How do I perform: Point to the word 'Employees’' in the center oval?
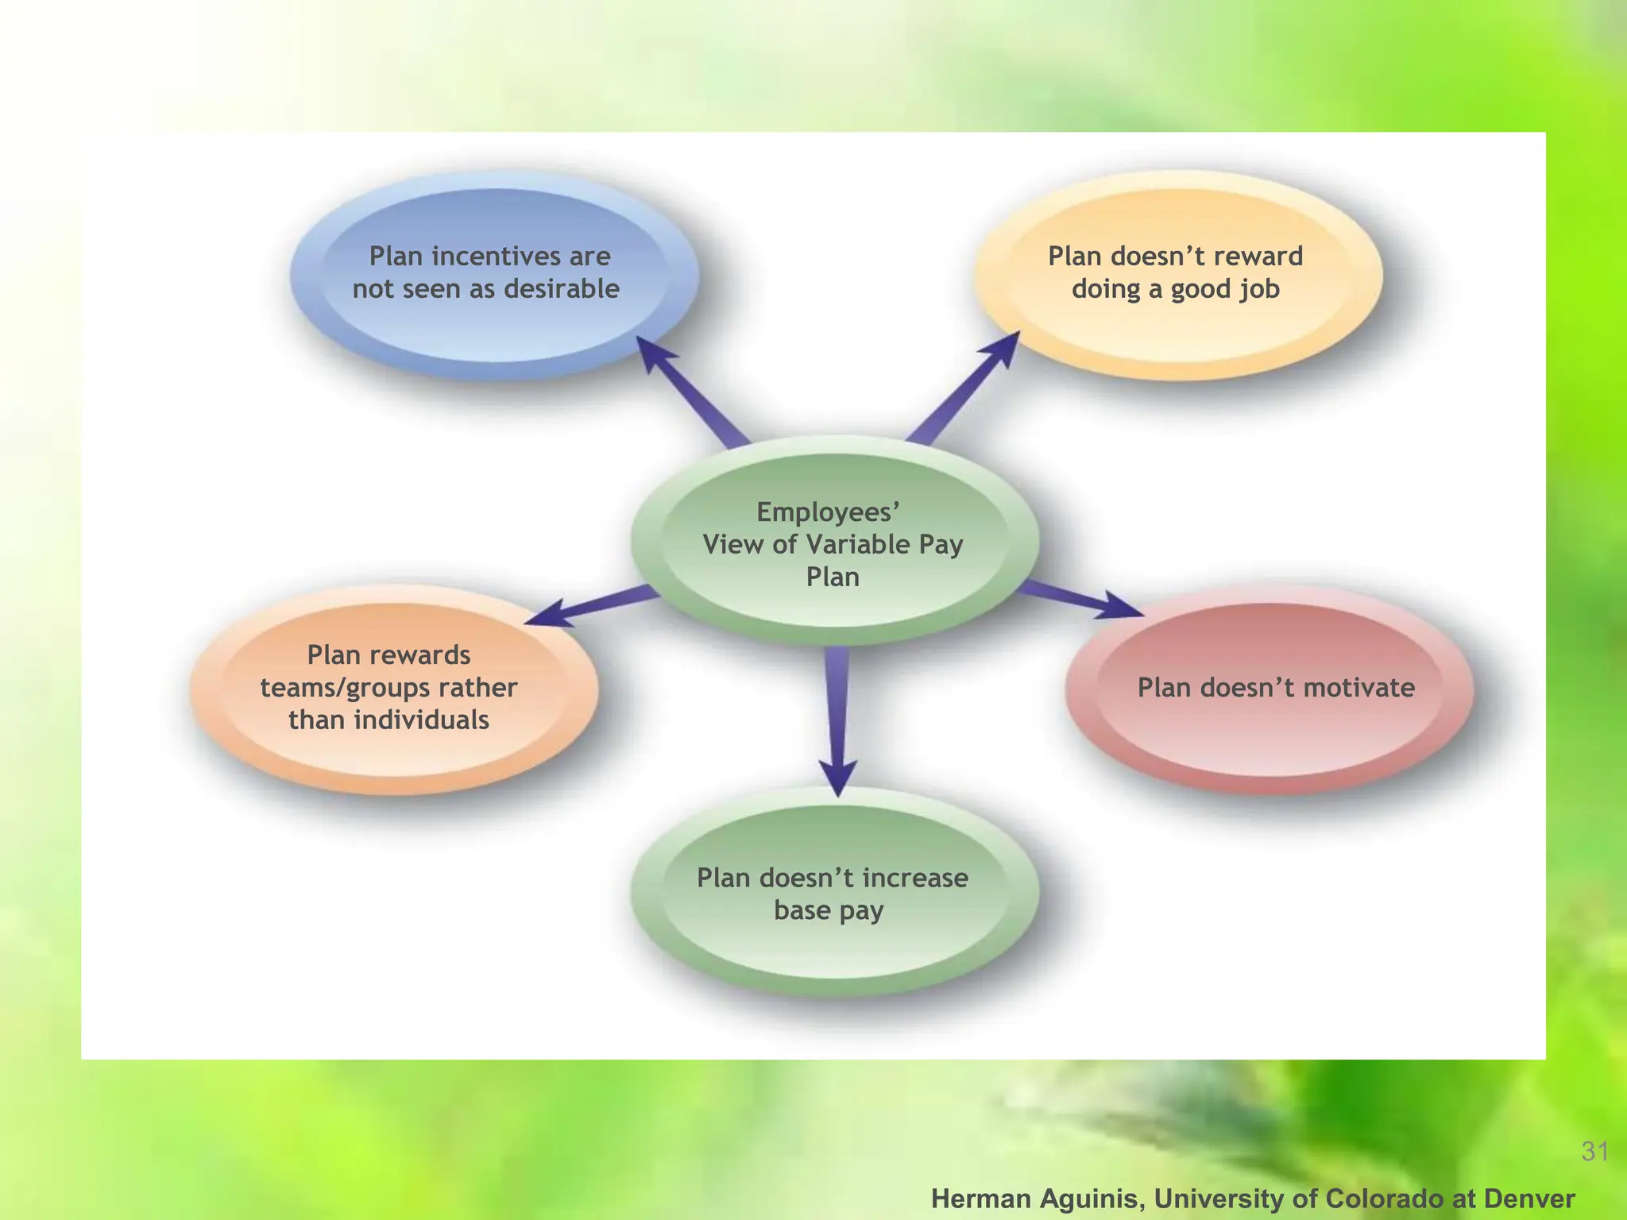829,512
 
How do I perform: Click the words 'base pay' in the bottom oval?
829,911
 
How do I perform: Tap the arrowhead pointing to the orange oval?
546,616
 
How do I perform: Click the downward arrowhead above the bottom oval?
838,777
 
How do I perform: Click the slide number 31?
1595,1151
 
